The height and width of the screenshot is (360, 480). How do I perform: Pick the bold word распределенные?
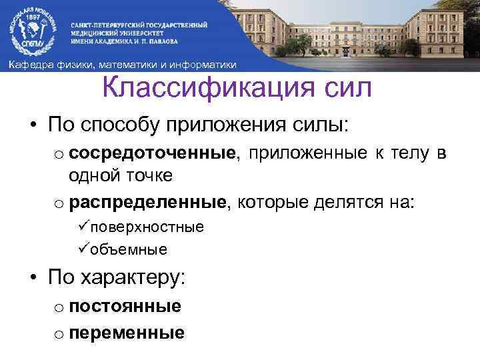(x=150, y=201)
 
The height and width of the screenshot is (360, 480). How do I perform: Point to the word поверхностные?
(x=147, y=227)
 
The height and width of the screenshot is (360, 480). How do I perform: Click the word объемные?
(x=129, y=250)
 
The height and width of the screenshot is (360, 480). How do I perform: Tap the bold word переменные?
(x=127, y=332)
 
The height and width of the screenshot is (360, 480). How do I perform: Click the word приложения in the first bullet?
(x=216, y=125)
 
